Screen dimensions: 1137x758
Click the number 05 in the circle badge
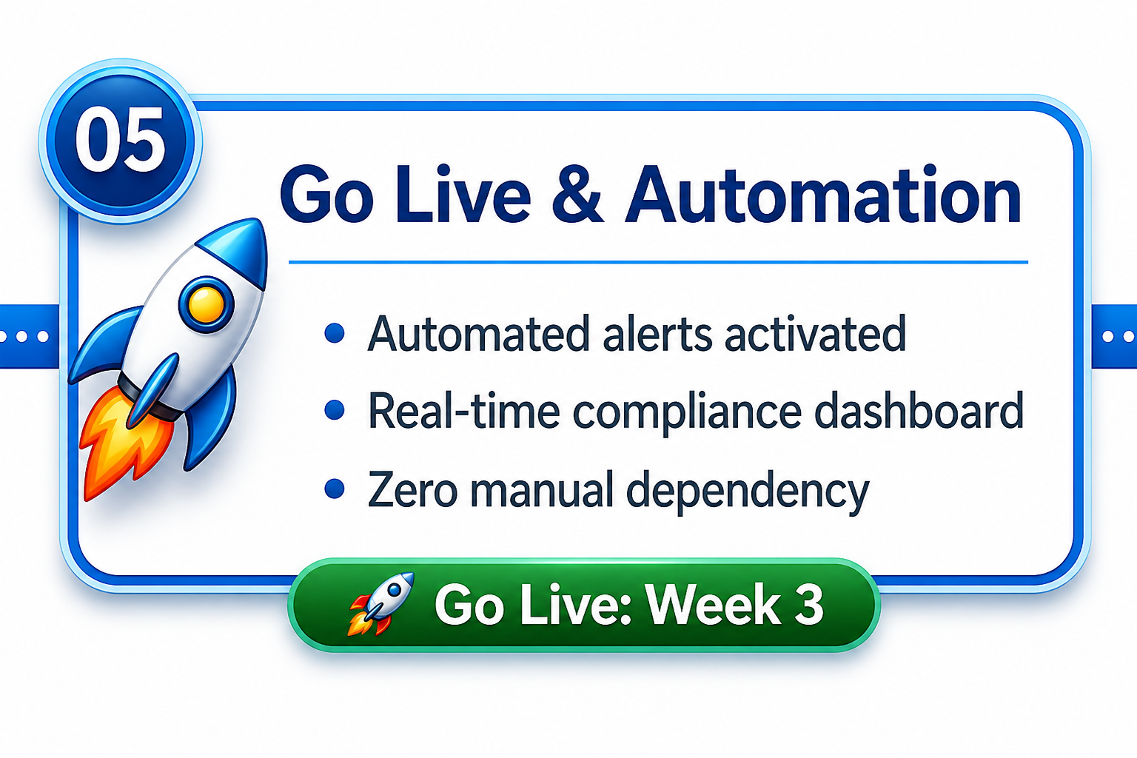pyautogui.click(x=121, y=140)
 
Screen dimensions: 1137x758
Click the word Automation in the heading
pyautogui.click(x=823, y=195)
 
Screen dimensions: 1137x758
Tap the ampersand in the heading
pyautogui.click(x=577, y=195)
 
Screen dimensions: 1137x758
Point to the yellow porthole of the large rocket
pyautogui.click(x=206, y=304)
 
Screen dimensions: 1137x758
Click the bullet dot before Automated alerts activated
pyautogui.click(x=335, y=334)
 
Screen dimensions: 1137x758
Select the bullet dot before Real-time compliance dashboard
pyautogui.click(x=335, y=409)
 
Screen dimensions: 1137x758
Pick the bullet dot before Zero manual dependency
pyautogui.click(x=335, y=489)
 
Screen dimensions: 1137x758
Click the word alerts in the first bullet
pyautogui.click(x=657, y=334)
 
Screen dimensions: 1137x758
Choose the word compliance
pyautogui.click(x=687, y=412)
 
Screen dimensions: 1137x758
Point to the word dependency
pyautogui.click(x=748, y=492)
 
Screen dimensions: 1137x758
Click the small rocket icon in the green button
pyautogui.click(x=380, y=603)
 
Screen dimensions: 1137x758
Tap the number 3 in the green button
pyautogui.click(x=808, y=605)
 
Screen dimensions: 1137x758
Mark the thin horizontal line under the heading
pyautogui.click(x=658, y=263)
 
